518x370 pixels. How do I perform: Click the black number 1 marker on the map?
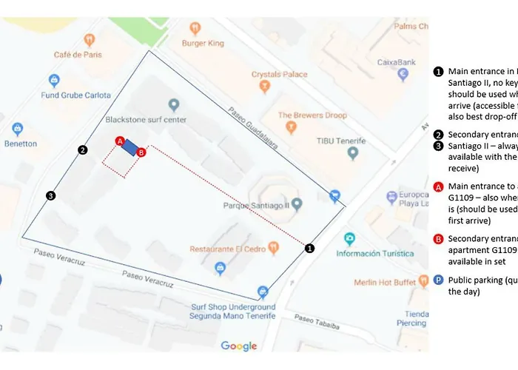click(x=310, y=249)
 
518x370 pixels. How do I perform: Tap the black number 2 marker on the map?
click(x=83, y=150)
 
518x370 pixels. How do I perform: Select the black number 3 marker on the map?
click(x=50, y=196)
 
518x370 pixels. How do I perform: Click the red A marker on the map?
click(x=120, y=141)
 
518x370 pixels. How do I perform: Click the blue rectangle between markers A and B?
click(x=130, y=147)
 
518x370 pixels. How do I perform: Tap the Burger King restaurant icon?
click(x=195, y=29)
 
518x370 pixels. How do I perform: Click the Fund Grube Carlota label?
click(x=75, y=95)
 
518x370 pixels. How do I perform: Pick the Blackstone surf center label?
click(x=146, y=119)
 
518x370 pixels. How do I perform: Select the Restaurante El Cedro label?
click(x=228, y=249)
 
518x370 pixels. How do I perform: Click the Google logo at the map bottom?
click(x=238, y=346)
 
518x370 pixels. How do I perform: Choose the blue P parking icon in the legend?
click(x=438, y=280)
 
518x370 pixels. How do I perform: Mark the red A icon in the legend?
click(x=438, y=186)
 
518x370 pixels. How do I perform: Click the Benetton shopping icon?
click(x=17, y=129)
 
